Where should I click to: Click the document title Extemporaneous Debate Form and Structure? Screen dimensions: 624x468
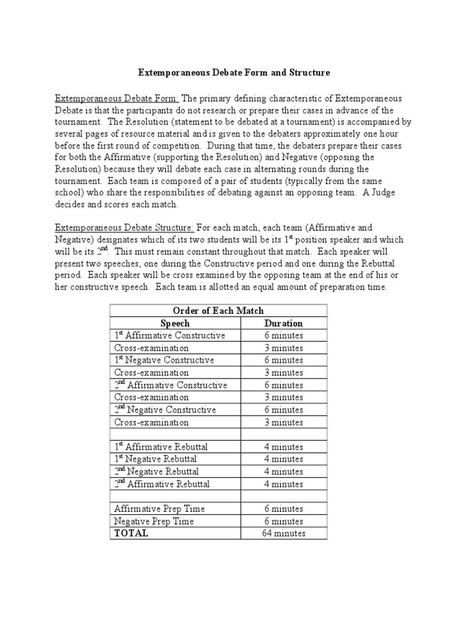pyautogui.click(x=234, y=73)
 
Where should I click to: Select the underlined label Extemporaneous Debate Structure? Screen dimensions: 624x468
pyautogui.click(x=124, y=227)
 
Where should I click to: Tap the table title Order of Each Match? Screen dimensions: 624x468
pyautogui.click(x=219, y=311)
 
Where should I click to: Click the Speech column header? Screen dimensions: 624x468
pyautogui.click(x=175, y=324)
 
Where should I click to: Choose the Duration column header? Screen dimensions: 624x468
pyautogui.click(x=283, y=324)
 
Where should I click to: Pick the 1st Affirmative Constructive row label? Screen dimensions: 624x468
pyautogui.click(x=169, y=336)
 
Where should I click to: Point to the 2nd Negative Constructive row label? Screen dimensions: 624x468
pyautogui.click(x=165, y=410)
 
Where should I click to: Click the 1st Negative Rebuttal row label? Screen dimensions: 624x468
pyautogui.click(x=155, y=459)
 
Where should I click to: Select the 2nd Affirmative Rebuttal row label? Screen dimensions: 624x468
pyautogui.click(x=161, y=484)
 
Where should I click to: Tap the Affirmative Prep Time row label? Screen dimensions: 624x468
pyautogui.click(x=159, y=509)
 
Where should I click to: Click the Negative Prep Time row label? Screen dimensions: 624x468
pyautogui.click(x=154, y=521)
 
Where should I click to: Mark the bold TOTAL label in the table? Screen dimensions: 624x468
pyautogui.click(x=131, y=534)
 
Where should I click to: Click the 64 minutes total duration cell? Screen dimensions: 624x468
pyautogui.click(x=283, y=534)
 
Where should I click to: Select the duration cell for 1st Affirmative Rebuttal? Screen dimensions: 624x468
pyautogui.click(x=283, y=447)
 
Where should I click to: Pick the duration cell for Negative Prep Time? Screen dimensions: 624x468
pyautogui.click(x=283, y=521)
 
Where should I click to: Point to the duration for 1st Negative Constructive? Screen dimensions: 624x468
pyautogui.click(x=283, y=360)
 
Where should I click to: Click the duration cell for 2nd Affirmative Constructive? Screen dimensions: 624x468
pyautogui.click(x=283, y=385)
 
